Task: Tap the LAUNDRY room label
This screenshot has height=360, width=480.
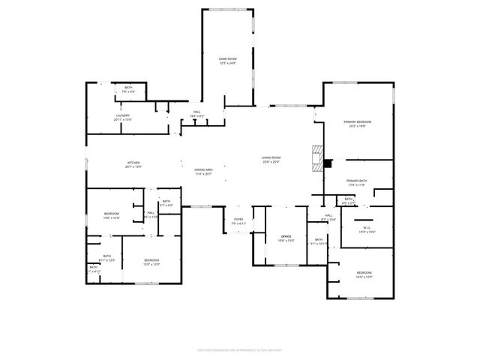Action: pos(122,115)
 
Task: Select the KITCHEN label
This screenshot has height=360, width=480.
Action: pos(133,162)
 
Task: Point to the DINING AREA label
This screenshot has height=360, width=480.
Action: pos(204,169)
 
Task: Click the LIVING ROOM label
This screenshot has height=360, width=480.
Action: pos(270,157)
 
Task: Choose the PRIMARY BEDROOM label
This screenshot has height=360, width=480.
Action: pos(358,121)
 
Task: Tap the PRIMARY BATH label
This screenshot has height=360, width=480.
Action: pos(356,181)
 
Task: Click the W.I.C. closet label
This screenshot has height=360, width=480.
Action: pos(367,228)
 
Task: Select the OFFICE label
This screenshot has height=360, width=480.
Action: pos(286,236)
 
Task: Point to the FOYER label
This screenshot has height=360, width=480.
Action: pos(238,220)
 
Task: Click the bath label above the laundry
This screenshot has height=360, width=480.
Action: pos(128,88)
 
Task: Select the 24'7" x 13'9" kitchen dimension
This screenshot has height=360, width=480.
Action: pos(133,166)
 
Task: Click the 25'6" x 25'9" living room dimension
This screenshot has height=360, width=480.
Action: pos(270,162)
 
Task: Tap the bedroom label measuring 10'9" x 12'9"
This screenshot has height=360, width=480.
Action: pos(364,272)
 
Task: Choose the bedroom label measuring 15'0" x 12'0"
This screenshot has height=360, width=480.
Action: pos(151,259)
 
